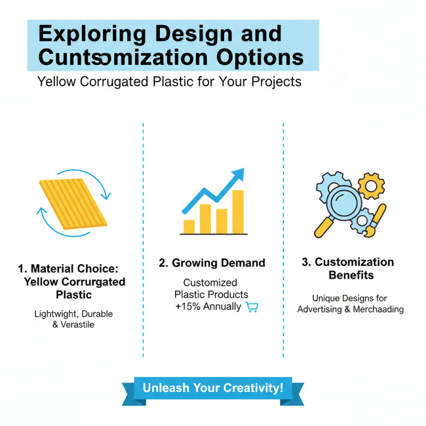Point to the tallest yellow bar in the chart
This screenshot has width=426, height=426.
coord(237,212)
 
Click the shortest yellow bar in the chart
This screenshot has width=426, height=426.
coord(189,226)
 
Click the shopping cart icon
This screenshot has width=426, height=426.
coord(251,307)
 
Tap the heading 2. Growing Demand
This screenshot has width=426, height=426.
coord(212,263)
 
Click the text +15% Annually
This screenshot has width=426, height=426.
coord(208,307)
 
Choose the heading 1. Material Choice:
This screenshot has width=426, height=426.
coord(75,268)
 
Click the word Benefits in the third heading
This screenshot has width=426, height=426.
coord(351,275)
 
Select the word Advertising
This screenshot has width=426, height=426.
coord(321,309)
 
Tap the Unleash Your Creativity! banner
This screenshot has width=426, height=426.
coord(213,388)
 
